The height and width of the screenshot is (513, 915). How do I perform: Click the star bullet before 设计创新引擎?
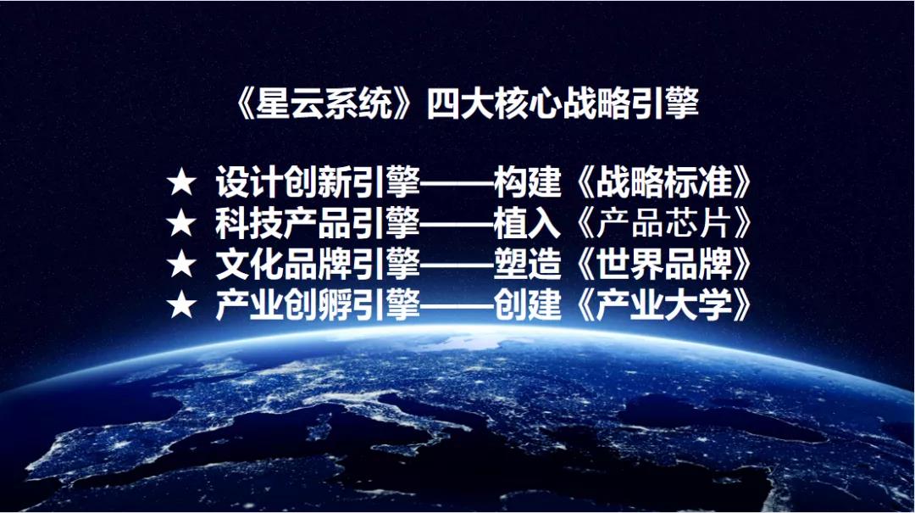click(181, 182)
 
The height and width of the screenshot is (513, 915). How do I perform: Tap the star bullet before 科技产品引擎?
click(181, 223)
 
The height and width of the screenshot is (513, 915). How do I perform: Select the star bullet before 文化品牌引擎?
click(181, 264)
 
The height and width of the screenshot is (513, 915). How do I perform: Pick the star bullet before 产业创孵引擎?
click(181, 305)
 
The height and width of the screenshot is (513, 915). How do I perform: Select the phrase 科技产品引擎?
click(318, 223)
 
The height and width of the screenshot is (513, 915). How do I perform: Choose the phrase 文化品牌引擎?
click(318, 264)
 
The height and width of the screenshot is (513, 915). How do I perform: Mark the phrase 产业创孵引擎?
click(318, 304)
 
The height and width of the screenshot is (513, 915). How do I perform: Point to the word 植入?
click(528, 223)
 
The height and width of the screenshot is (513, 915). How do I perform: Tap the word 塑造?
click(528, 264)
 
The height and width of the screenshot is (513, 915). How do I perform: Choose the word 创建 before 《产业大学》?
click(528, 304)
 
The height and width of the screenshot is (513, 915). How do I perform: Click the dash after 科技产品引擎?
click(457, 224)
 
